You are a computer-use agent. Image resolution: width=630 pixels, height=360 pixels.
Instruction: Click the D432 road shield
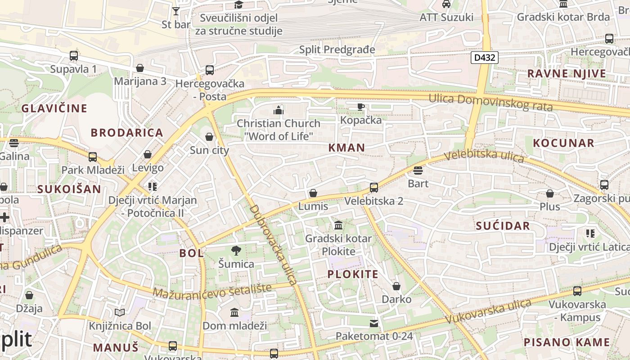[485, 58]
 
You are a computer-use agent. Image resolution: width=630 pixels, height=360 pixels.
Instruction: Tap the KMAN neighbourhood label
[346, 148]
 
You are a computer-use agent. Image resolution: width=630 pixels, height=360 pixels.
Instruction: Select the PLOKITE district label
[353, 274]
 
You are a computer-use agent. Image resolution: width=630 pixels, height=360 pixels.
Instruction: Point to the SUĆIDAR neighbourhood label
[503, 226]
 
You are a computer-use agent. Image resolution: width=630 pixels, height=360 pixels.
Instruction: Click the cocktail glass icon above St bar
[176, 11]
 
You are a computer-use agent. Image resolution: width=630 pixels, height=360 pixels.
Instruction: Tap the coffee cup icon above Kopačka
[360, 107]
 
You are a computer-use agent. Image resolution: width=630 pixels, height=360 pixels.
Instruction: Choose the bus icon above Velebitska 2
[373, 188]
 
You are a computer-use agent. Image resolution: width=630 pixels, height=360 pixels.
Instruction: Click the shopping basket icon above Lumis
[313, 193]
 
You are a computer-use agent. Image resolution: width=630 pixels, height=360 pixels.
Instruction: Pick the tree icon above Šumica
[236, 251]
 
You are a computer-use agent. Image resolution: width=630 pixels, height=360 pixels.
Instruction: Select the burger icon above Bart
[418, 171]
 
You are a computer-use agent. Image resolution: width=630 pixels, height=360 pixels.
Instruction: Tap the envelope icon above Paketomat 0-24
[374, 323]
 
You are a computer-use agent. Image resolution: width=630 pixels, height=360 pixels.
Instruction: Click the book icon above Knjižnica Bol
[119, 312]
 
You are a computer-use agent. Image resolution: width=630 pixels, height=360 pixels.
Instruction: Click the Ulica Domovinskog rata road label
[490, 102]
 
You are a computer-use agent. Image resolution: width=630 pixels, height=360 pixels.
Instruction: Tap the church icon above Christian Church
[279, 110]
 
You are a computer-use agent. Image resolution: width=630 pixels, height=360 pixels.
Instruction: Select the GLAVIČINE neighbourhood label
[54, 108]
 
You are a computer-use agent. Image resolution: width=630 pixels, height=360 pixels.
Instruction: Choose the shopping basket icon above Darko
[396, 286]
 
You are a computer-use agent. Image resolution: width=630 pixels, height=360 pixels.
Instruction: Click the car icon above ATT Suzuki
[446, 4]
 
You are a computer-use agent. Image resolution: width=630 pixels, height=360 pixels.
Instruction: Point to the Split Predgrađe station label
[337, 49]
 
